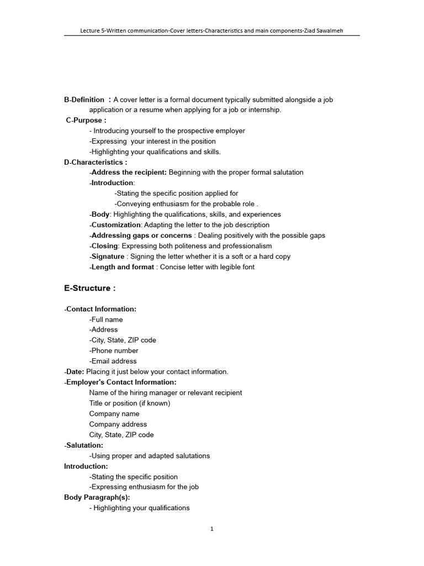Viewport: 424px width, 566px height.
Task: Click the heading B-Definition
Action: pos(84,100)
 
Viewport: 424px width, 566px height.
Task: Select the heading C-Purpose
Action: pos(86,120)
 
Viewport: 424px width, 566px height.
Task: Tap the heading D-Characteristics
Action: pos(96,163)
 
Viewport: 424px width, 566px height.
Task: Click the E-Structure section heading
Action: pos(90,289)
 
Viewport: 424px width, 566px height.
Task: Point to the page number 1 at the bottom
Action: pos(212,529)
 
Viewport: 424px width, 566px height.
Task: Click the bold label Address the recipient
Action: pos(129,172)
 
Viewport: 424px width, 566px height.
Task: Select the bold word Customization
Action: pos(116,225)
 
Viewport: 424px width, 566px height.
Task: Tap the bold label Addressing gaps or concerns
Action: pos(141,235)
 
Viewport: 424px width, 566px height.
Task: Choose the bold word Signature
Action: pos(108,256)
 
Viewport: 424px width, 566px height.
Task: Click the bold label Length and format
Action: pos(123,267)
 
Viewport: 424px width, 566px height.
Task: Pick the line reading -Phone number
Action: pos(114,350)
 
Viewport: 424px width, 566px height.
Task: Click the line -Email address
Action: pos(113,361)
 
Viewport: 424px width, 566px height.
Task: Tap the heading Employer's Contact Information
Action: pos(121,382)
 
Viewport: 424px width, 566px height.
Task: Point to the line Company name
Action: pos(114,413)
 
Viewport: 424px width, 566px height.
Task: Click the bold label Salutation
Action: pos(84,445)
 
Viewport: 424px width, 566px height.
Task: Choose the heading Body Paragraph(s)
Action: pos(97,497)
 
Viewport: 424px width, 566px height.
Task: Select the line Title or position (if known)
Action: pos(130,403)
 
